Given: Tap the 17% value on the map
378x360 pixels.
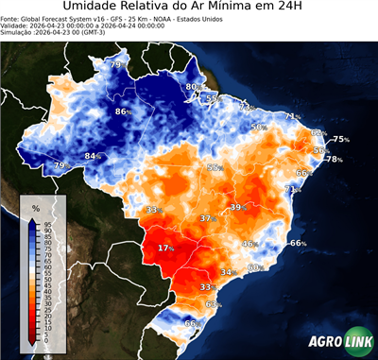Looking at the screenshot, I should [x=166, y=248].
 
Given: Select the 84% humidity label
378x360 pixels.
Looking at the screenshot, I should [x=93, y=156].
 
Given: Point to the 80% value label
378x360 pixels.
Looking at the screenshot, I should [x=192, y=87].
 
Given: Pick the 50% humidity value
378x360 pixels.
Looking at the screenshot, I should [x=258, y=127].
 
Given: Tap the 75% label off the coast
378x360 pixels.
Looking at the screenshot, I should [x=340, y=139].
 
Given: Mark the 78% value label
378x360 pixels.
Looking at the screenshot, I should [x=334, y=159].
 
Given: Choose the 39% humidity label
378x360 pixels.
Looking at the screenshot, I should [x=237, y=207].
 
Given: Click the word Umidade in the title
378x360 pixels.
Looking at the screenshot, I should [x=95, y=9].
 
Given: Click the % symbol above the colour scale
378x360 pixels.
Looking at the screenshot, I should [x=35, y=207].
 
